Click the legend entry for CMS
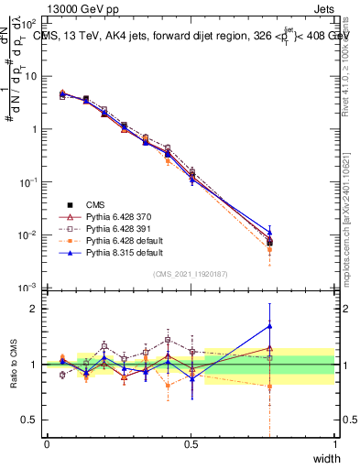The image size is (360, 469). click(98, 204)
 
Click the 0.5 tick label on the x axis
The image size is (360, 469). click(191, 445)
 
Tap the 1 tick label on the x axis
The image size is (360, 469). click(334, 445)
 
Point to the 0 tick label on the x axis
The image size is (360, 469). click(47, 445)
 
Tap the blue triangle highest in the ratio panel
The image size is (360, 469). click(269, 325)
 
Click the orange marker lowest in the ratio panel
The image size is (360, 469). click(269, 387)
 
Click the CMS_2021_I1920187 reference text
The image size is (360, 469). click(191, 275)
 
